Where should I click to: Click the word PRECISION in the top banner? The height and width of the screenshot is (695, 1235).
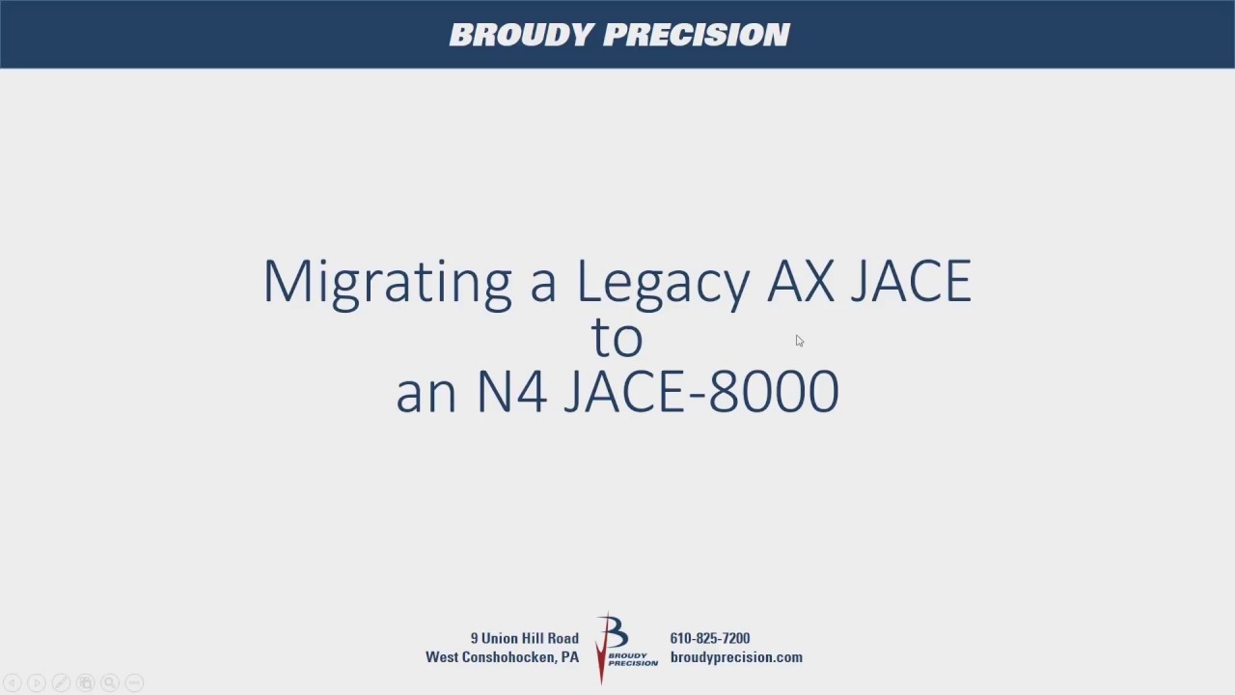coord(697,35)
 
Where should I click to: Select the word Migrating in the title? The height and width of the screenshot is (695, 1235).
coord(387,282)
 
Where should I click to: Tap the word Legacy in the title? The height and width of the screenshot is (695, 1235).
coord(663,282)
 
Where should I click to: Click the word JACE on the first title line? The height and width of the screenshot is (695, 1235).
coord(911,282)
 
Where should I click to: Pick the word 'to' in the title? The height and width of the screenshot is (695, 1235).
coord(617,337)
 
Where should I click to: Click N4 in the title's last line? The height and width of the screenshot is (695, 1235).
coord(511,392)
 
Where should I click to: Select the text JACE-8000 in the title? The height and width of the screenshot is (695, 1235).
coord(700,392)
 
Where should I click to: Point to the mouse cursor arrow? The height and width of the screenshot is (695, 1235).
coord(799,340)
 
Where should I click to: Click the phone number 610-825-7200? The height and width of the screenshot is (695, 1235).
coord(709,638)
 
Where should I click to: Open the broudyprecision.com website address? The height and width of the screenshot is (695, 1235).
coord(736,657)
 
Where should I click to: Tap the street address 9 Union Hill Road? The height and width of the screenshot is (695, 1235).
coord(524,638)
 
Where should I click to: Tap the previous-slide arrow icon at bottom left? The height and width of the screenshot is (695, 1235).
coord(13,683)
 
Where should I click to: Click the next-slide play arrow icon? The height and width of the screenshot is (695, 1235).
coord(37,683)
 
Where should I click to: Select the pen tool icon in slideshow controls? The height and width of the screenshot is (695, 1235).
coord(61,683)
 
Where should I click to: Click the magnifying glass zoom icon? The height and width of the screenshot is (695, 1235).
coord(109,683)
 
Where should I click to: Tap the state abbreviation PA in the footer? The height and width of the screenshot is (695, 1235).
coord(569,657)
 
